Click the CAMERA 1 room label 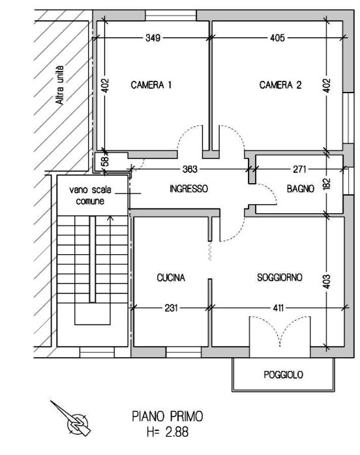point(151,85)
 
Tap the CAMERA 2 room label point(280,85)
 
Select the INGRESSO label point(188,189)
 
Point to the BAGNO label point(301,189)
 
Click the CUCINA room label point(171,278)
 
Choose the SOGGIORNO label point(280,278)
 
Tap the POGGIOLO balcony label point(283,375)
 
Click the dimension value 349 point(153,38)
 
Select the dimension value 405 point(277,38)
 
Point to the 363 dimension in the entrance point(190,169)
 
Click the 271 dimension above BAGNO point(299,169)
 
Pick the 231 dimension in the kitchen point(171,308)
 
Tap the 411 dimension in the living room point(278,308)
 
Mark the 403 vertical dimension point(327,282)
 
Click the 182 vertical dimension point(327,184)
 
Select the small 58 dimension point(106,161)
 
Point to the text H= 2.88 point(168,432)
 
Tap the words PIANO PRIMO point(168,417)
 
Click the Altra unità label point(59,85)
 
